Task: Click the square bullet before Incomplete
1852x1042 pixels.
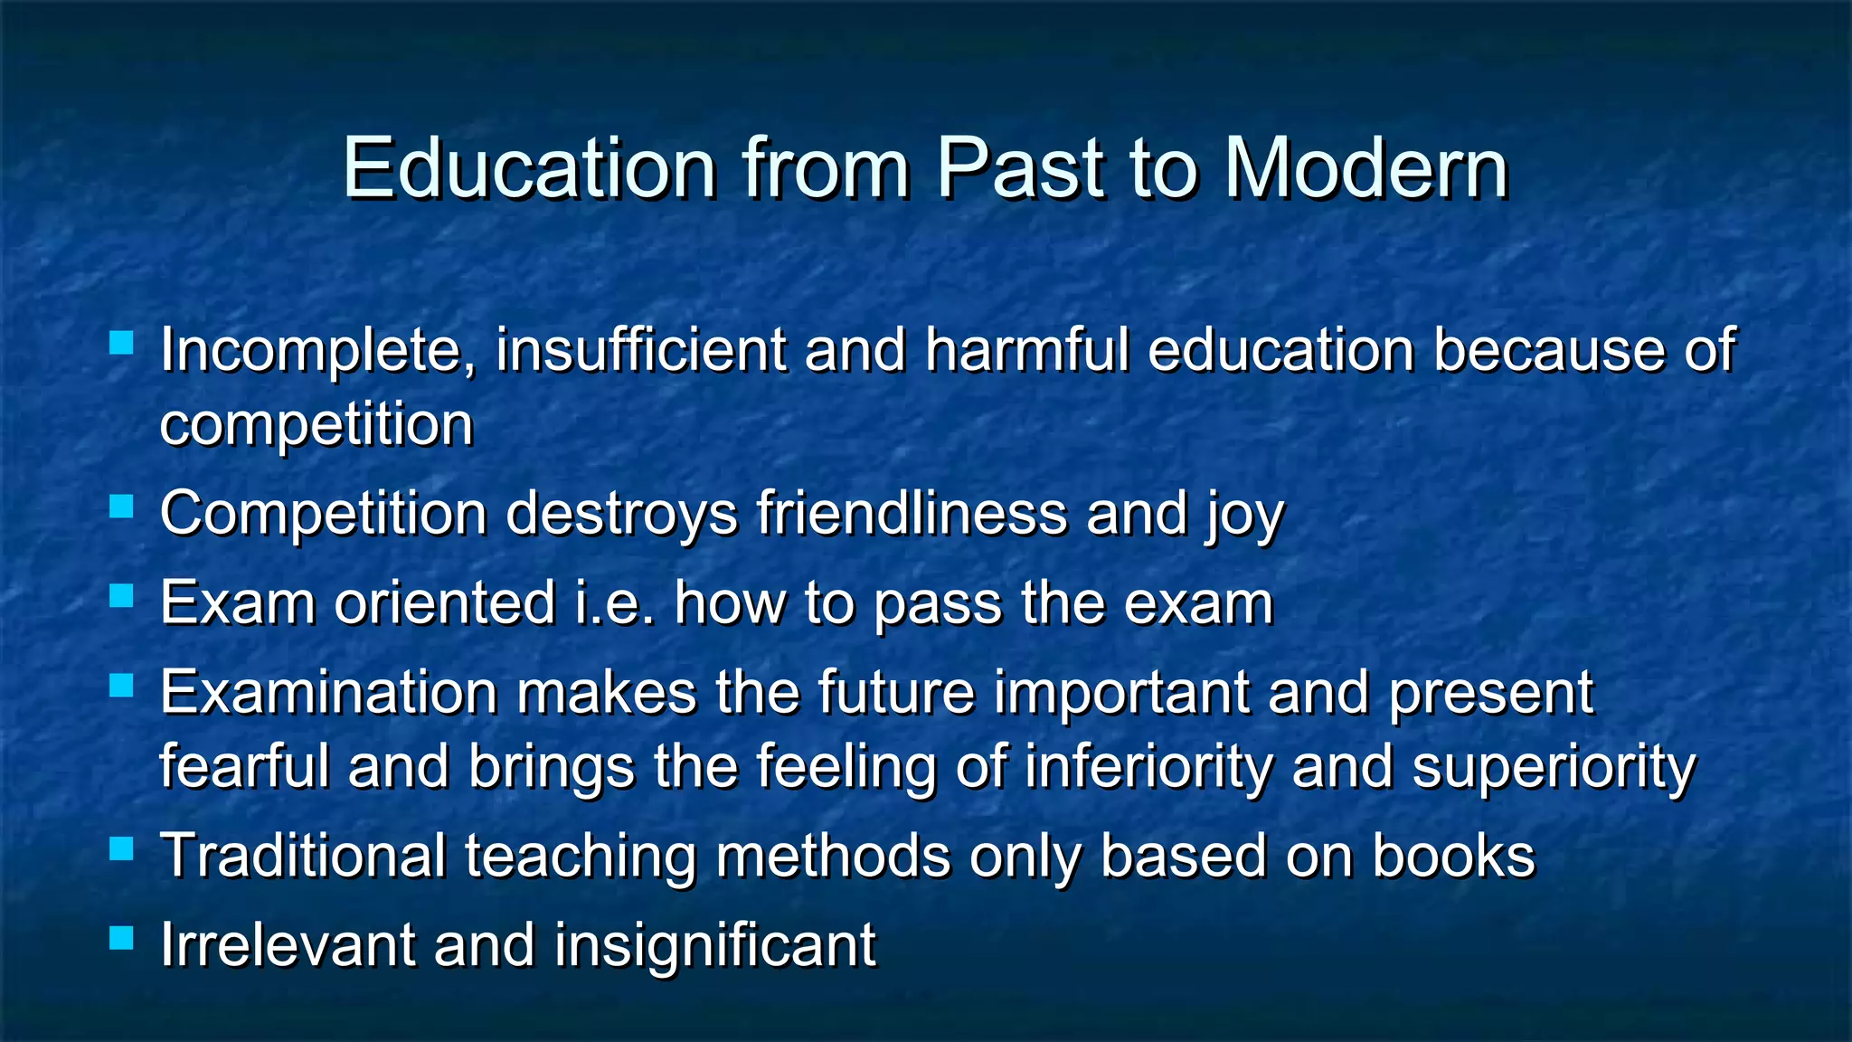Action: click(x=121, y=343)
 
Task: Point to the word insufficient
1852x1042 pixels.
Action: click(x=640, y=350)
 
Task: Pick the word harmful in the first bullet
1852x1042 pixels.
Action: click(x=1027, y=350)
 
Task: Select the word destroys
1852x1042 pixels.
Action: click(x=622, y=514)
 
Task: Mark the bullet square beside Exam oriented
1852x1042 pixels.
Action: click(x=121, y=596)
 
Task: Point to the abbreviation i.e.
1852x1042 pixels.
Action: click(x=615, y=602)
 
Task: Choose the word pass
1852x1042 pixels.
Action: click(x=938, y=604)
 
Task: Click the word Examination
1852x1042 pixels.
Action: click(x=329, y=693)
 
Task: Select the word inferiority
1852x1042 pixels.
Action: click(x=1148, y=767)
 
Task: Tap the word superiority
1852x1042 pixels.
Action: click(x=1554, y=767)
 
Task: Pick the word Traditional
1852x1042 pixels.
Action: click(x=303, y=856)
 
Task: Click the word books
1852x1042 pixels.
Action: click(x=1453, y=856)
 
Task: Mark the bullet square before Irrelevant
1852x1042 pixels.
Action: click(x=121, y=937)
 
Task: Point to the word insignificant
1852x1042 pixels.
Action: click(x=714, y=945)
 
